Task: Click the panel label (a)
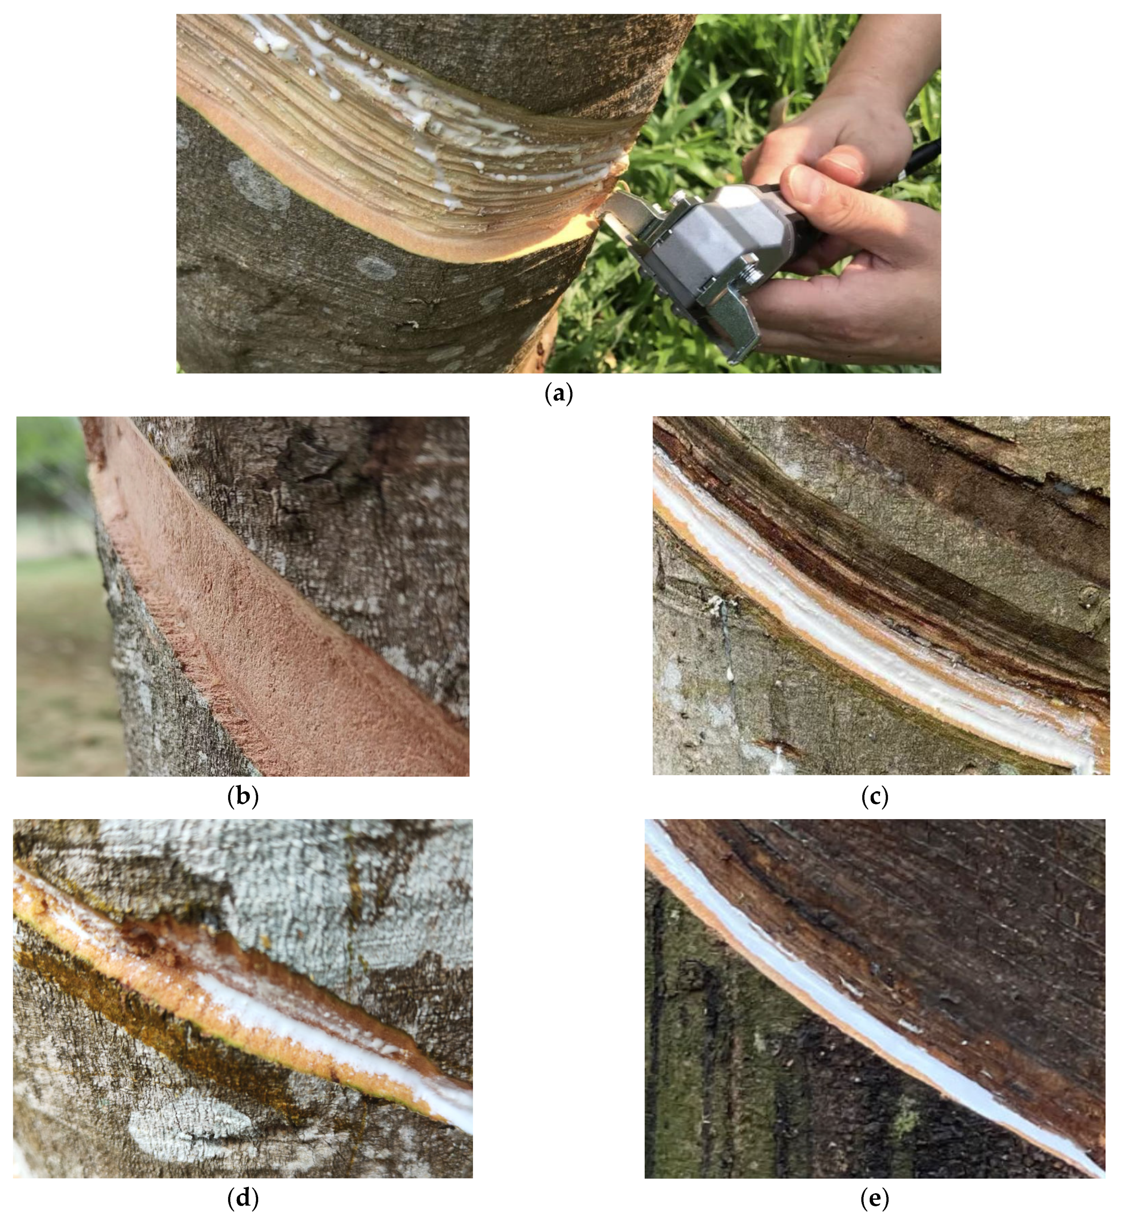point(559,394)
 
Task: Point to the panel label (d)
point(243,1199)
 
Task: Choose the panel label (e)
point(875,1199)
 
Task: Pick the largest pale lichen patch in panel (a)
point(259,183)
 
